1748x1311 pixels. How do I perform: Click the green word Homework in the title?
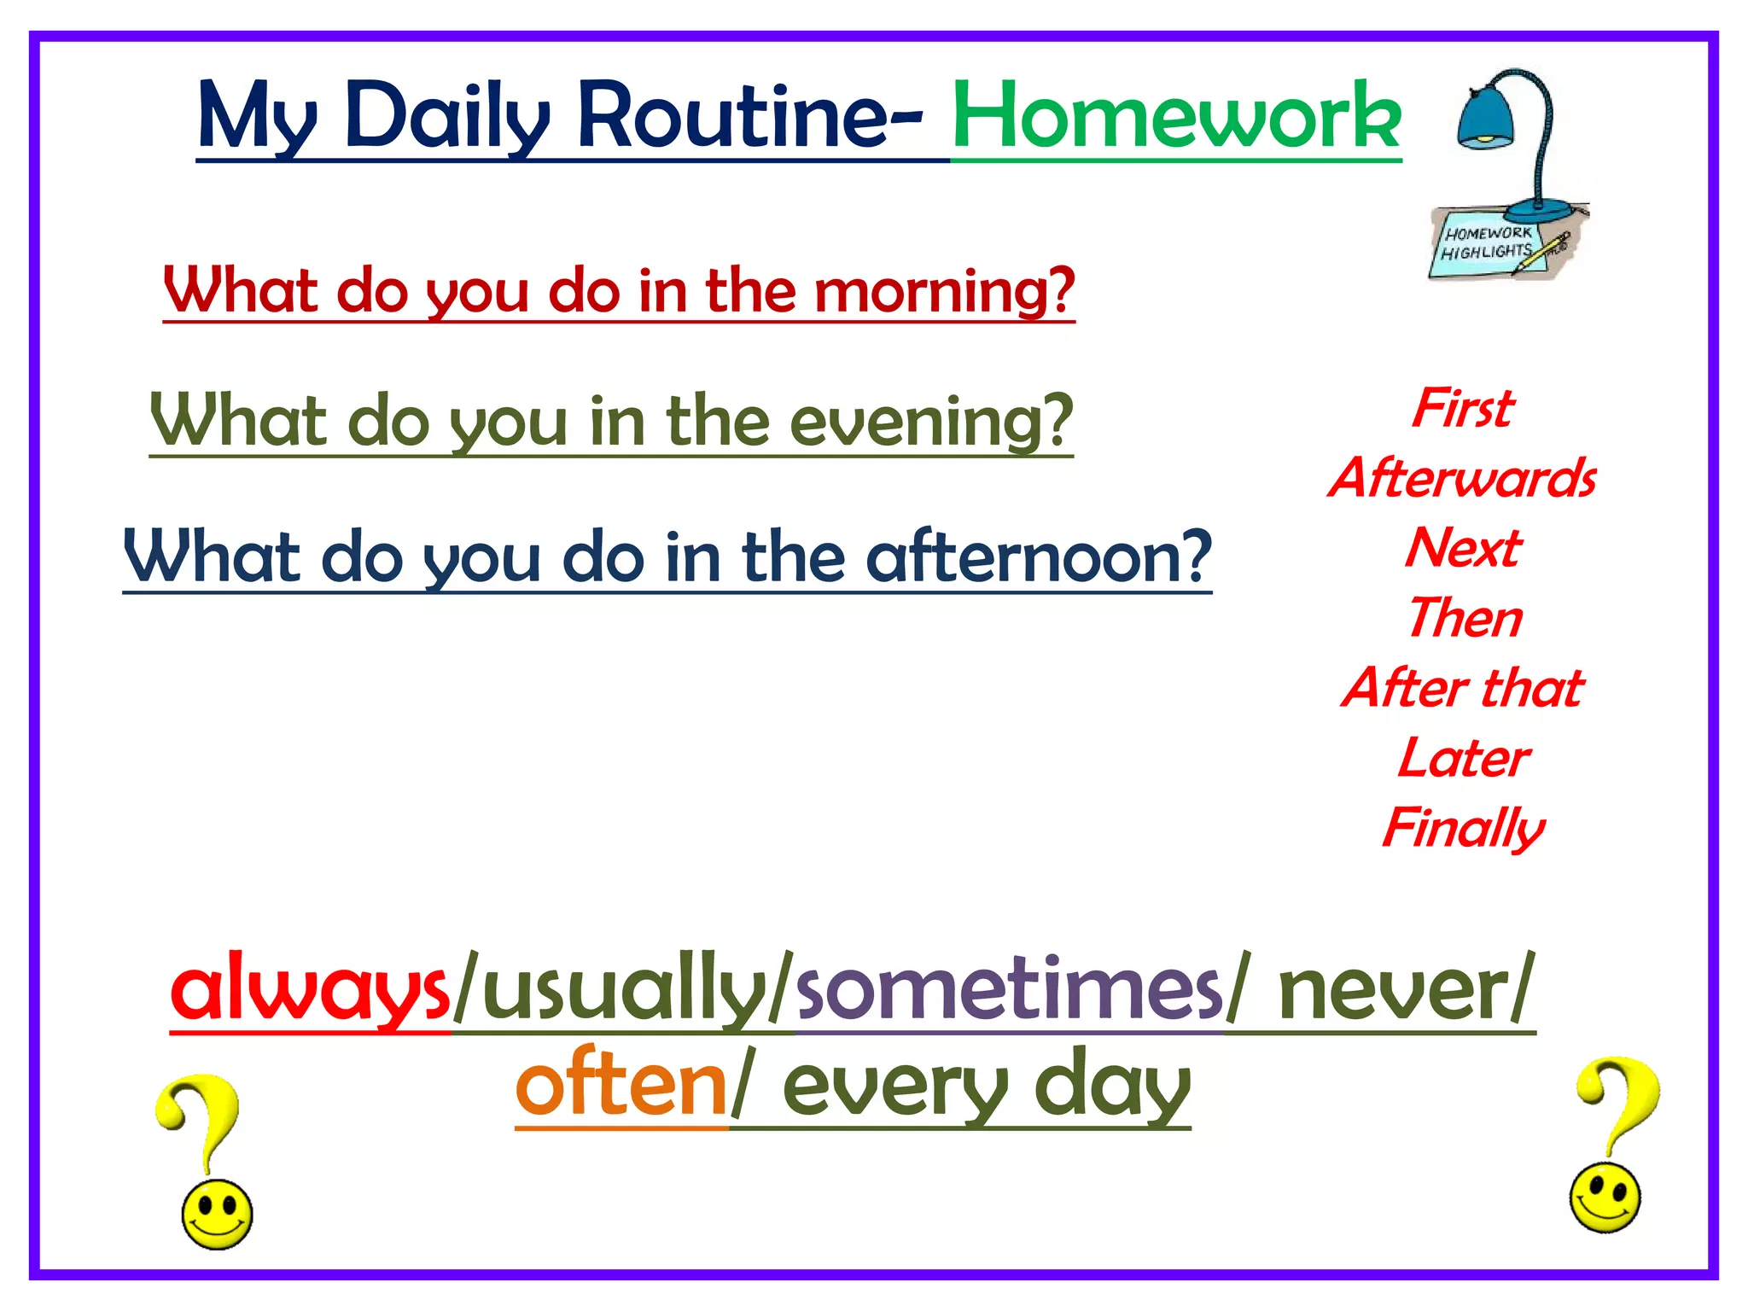(x=1176, y=117)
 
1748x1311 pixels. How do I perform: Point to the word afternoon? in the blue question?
(x=1038, y=556)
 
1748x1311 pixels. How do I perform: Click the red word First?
(x=1463, y=408)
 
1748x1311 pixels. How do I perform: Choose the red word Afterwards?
(x=1463, y=478)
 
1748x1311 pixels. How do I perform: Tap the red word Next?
(x=1463, y=548)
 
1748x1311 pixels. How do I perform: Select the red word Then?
(x=1465, y=618)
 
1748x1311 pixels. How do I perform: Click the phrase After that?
(x=1463, y=688)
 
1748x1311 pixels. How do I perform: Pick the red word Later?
(x=1463, y=758)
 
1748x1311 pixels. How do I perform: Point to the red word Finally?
(x=1463, y=828)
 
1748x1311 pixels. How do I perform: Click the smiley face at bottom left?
(x=217, y=1214)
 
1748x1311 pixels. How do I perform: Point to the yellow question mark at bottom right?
(x=1619, y=1101)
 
